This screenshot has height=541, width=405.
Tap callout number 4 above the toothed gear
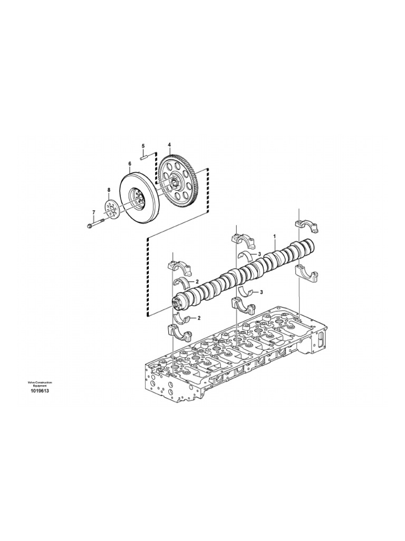[169, 145]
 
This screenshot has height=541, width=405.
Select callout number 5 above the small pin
[142, 146]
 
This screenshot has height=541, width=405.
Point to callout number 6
[129, 164]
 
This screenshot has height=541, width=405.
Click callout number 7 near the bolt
[94, 212]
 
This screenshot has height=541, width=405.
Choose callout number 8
[109, 190]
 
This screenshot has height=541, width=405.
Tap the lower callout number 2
[199, 318]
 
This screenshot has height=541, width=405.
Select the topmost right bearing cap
[306, 226]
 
